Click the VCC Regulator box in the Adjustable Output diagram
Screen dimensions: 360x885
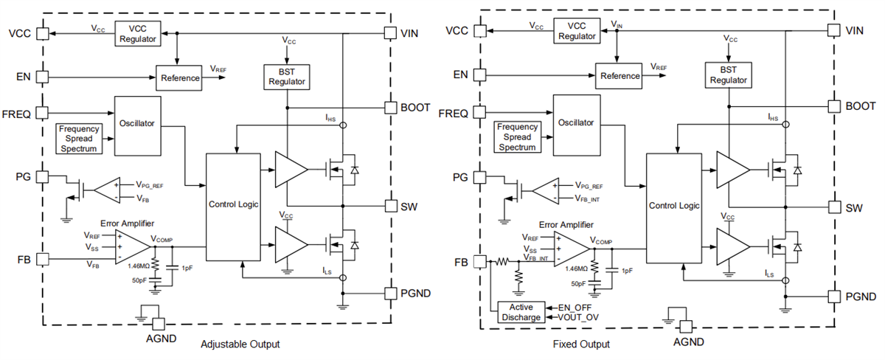click(137, 34)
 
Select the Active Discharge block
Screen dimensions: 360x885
click(521, 312)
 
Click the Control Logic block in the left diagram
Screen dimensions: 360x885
click(233, 204)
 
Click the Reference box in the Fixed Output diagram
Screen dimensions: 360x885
click(619, 76)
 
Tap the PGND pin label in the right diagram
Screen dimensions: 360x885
click(859, 297)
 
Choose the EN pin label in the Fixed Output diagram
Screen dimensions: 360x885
click(460, 75)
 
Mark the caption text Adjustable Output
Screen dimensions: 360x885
click(240, 344)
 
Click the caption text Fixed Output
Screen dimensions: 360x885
click(581, 344)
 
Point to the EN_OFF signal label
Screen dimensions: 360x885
click(575, 306)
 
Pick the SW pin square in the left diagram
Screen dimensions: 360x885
click(390, 206)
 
